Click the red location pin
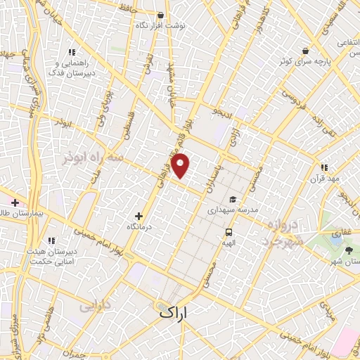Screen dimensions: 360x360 pos(181,165)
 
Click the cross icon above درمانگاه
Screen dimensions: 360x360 pos(138,216)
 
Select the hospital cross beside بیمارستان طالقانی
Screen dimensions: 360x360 pos(15,202)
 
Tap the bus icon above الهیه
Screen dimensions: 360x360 pos(229,233)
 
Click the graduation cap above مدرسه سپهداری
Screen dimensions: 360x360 pos(232,199)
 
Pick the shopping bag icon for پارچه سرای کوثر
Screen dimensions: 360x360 pos(304,50)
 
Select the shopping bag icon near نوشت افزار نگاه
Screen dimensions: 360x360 pos(162,15)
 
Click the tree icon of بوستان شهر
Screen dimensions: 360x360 pos(349,251)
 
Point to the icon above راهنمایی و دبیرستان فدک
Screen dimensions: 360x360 pos(72,52)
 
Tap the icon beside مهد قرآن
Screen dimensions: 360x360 pos(324,167)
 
